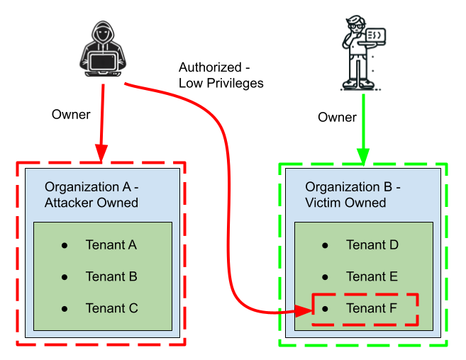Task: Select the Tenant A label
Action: tap(111, 245)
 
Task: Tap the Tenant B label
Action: tap(111, 276)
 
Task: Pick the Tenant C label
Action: tap(111, 308)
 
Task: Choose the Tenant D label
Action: tap(372, 245)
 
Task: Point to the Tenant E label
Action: tap(372, 276)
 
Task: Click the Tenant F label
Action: tap(372, 308)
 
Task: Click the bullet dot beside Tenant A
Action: tap(65, 245)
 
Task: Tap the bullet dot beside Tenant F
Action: tap(325, 308)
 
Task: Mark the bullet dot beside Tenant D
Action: tap(325, 245)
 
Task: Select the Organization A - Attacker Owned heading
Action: tap(91, 195)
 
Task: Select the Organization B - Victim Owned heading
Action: tap(353, 195)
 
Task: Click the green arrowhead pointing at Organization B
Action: tap(363, 157)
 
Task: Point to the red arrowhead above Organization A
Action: tap(101, 152)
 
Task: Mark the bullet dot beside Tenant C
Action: tap(65, 308)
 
